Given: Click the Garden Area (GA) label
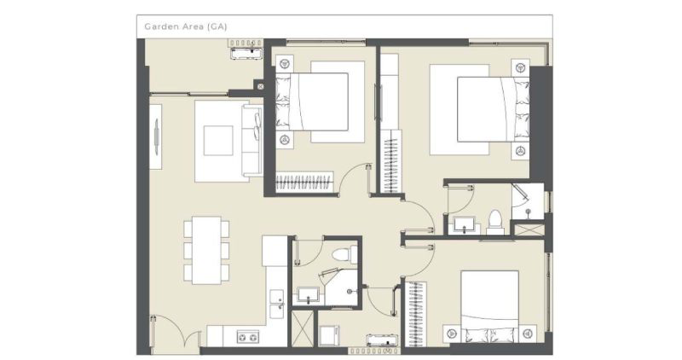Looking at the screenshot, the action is (186, 26).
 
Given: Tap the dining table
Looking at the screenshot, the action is (206, 250).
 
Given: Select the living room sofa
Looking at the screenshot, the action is (252, 141).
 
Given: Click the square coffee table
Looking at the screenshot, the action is (218, 141).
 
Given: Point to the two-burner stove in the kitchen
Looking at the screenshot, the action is (247, 336).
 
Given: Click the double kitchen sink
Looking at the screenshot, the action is (277, 304).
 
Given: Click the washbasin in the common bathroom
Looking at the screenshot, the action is (309, 295).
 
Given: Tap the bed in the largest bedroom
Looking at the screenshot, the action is (494, 109).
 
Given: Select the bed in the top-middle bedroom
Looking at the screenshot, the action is (312, 102).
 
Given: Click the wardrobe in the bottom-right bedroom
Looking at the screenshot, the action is (415, 314).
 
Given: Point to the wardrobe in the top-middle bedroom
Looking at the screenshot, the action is (305, 182).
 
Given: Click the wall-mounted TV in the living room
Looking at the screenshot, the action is (157, 136).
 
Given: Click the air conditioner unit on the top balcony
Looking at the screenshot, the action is (246, 53).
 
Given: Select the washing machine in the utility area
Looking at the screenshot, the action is (329, 336).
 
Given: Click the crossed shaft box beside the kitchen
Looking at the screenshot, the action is (303, 328).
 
